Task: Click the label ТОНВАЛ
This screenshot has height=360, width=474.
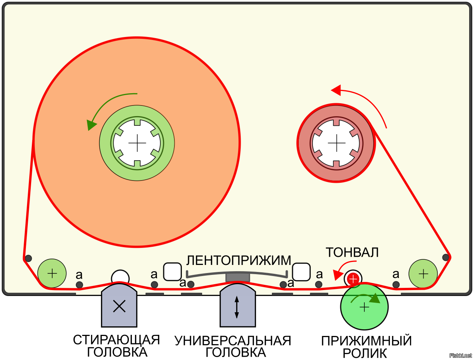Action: pyautogui.click(x=352, y=252)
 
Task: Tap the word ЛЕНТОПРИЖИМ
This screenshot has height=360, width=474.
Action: pyautogui.click(x=238, y=260)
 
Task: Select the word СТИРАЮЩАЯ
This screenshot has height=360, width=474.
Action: pyautogui.click(x=116, y=340)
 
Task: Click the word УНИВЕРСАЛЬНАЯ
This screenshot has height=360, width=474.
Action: pyautogui.click(x=233, y=340)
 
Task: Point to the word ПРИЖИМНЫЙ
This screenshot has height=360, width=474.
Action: pyautogui.click(x=366, y=341)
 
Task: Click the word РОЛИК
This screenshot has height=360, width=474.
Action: pyautogui.click(x=365, y=353)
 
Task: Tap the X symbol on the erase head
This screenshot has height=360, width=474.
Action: pyautogui.click(x=119, y=306)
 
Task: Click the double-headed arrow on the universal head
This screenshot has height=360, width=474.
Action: pyautogui.click(x=237, y=307)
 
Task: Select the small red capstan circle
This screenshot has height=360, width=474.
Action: pyautogui.click(x=353, y=278)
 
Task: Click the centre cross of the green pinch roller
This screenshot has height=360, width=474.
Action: pyautogui.click(x=364, y=307)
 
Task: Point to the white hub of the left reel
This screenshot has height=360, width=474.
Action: pyautogui.click(x=137, y=143)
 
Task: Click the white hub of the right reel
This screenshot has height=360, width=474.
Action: pyautogui.click(x=336, y=143)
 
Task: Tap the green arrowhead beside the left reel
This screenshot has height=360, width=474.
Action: pyautogui.click(x=90, y=125)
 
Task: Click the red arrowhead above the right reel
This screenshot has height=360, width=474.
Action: pyautogui.click(x=336, y=90)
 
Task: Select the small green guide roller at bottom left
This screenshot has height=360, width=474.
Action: pyautogui.click(x=52, y=274)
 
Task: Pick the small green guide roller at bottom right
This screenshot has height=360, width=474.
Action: pyautogui.click(x=423, y=274)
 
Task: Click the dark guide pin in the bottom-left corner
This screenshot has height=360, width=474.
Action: pyautogui.click(x=28, y=258)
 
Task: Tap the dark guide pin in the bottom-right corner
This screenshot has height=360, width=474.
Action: pyautogui.click(x=446, y=257)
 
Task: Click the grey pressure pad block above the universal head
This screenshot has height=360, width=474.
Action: pyautogui.click(x=238, y=277)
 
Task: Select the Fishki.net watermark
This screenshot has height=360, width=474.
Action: pyautogui.click(x=461, y=356)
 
